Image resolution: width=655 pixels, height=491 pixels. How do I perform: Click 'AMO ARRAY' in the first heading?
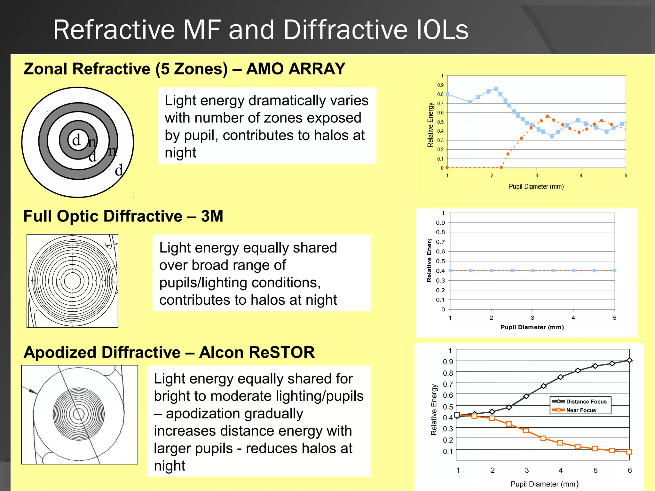click(296, 69)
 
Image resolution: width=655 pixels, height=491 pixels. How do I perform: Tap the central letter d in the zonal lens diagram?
click(76, 140)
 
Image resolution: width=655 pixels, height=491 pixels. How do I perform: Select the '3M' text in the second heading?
click(212, 216)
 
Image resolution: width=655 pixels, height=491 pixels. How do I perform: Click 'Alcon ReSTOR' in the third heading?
click(256, 352)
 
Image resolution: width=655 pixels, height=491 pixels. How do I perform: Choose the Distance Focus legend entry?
click(586, 401)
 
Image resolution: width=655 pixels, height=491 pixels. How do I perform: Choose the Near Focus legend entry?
click(581, 410)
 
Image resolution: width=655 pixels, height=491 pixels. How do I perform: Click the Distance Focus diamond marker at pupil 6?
click(629, 360)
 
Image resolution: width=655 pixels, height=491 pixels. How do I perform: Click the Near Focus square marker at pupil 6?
click(629, 452)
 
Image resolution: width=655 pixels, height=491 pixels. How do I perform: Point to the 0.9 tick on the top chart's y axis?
click(440, 85)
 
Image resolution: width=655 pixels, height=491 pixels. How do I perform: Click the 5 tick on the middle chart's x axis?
click(614, 318)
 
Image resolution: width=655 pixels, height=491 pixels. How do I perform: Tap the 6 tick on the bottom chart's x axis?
click(629, 470)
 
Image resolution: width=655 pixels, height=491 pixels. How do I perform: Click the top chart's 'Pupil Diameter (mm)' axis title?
click(536, 186)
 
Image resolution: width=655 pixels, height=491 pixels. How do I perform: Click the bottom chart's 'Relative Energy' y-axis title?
click(434, 409)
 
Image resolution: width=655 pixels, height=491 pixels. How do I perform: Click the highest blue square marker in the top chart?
click(496, 89)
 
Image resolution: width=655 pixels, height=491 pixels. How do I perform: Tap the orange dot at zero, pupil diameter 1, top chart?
click(447, 168)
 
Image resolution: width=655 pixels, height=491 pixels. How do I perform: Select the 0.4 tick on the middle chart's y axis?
click(440, 271)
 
